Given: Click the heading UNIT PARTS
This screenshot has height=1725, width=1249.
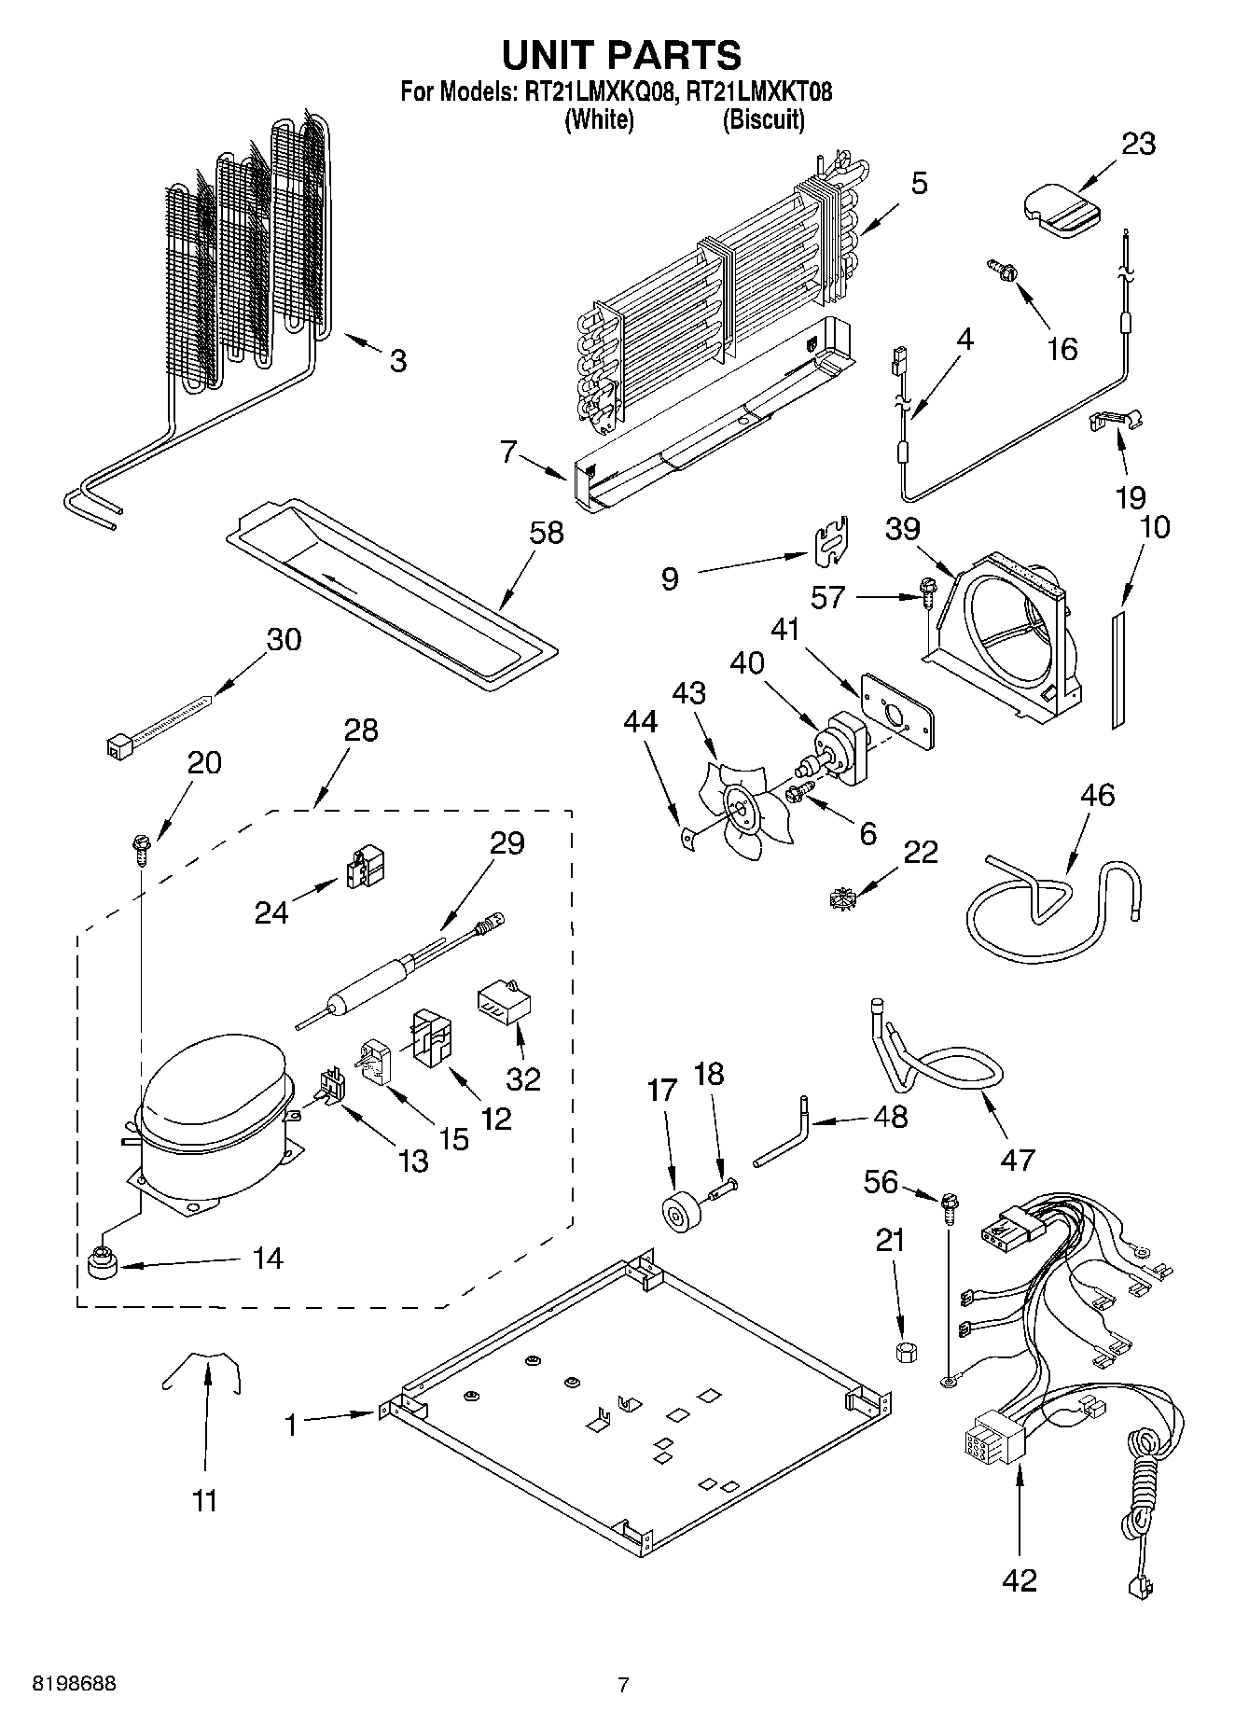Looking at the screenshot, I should coord(621,55).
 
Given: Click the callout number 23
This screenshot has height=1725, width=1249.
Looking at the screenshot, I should coord(1138,145).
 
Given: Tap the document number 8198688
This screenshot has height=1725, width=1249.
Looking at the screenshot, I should coord(75,1685).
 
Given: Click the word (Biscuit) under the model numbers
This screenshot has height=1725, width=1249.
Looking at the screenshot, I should coord(763,119).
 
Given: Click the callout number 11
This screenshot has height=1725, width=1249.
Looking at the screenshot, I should coord(204,1501).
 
